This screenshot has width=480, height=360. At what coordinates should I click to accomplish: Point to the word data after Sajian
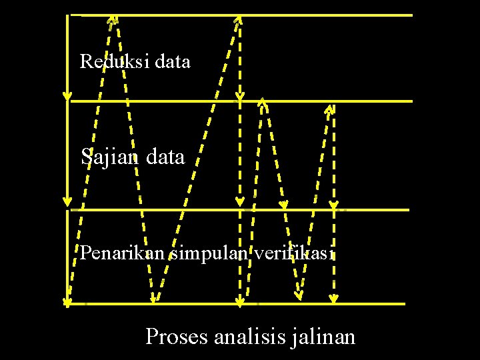(164, 157)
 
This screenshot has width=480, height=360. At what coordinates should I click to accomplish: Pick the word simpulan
(209, 254)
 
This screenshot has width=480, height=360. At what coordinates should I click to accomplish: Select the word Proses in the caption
(177, 335)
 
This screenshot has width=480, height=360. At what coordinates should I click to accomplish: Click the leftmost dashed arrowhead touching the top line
(113, 19)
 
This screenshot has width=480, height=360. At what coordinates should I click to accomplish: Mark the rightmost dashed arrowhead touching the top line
(238, 20)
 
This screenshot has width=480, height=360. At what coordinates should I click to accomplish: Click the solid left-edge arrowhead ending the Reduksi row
(67, 96)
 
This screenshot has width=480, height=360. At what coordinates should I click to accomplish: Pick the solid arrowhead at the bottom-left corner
(67, 301)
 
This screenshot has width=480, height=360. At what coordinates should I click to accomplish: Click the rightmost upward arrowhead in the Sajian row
(329, 109)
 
